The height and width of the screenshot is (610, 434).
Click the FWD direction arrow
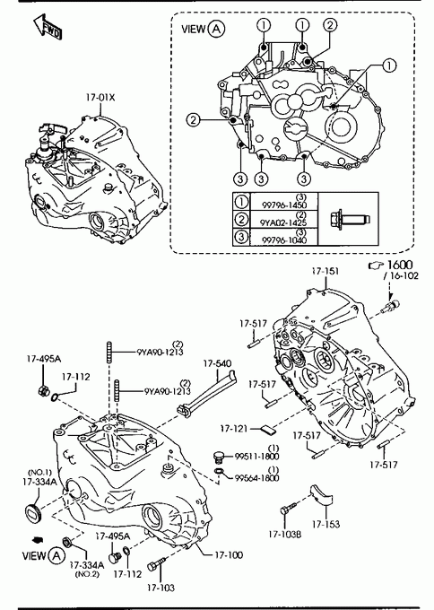(47, 27)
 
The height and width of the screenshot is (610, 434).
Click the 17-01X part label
(100, 97)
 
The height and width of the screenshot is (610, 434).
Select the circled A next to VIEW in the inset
(216, 29)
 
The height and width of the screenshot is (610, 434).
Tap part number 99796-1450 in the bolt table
(284, 205)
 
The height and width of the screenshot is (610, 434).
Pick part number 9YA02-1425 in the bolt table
(283, 222)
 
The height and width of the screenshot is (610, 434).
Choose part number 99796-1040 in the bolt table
(284, 240)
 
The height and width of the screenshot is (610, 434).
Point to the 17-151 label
(325, 271)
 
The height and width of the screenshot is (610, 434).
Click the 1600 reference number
(400, 265)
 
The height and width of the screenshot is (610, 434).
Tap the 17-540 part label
(217, 363)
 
